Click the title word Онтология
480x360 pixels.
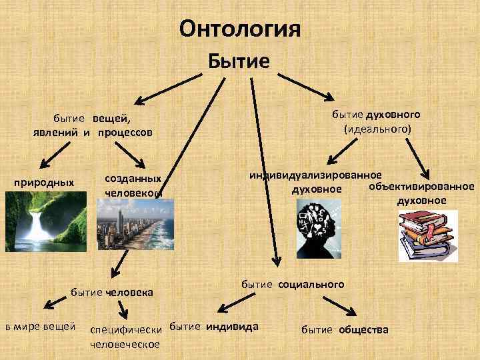(x=241, y=29)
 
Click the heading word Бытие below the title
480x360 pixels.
(x=239, y=61)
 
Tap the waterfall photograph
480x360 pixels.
(x=46, y=218)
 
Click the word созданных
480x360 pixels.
(x=133, y=179)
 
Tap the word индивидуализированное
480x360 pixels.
(x=315, y=175)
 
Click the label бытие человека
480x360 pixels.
(x=112, y=292)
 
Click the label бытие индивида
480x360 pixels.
(x=214, y=327)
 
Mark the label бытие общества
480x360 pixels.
(x=345, y=329)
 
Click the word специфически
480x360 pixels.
(x=127, y=330)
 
